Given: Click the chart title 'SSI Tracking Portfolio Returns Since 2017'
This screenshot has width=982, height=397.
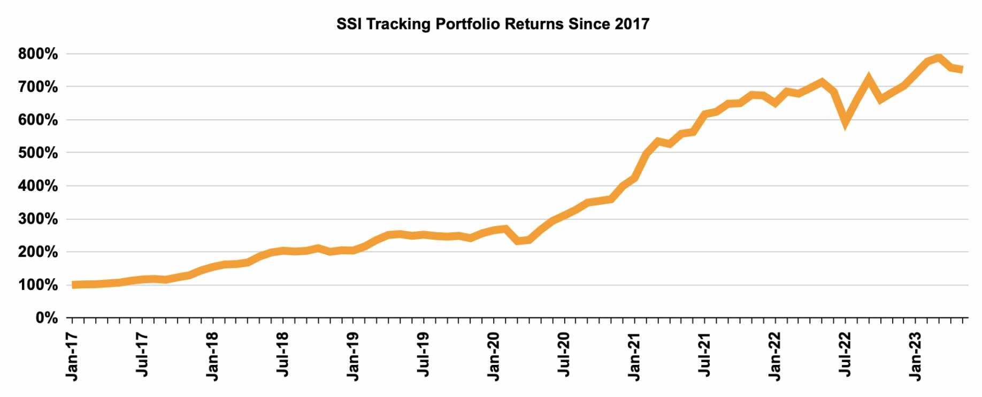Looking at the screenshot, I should (493, 24).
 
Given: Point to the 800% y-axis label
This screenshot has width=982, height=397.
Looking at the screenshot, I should (38, 54).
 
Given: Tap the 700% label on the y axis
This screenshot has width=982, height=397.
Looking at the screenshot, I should (38, 87).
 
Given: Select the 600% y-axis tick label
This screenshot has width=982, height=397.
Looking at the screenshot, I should (38, 120).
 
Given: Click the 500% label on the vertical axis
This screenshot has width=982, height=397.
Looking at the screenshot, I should (38, 153).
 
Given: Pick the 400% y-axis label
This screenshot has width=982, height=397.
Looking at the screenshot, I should (38, 186).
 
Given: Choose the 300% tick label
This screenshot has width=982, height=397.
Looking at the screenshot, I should (38, 219).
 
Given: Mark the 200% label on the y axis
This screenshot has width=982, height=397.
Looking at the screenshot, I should (38, 252).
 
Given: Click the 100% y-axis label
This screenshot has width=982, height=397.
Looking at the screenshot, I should (38, 285).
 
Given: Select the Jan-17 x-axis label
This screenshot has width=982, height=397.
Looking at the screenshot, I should (72, 356).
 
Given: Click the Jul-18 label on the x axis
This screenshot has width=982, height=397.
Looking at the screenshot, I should (283, 354).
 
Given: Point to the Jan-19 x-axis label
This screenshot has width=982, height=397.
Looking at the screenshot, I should (353, 356).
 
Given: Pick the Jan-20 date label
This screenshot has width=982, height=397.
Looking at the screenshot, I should (494, 356).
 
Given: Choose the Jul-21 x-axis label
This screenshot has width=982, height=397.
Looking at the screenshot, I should (705, 354).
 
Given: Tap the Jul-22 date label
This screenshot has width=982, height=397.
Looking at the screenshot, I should (846, 354).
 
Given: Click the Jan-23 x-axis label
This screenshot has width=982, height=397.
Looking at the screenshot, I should (916, 356).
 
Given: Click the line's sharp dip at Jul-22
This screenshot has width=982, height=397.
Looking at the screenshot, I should (846, 122).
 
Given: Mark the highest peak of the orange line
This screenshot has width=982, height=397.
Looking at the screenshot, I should (939, 57).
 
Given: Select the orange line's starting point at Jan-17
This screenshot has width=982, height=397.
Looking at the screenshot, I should (73, 285).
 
